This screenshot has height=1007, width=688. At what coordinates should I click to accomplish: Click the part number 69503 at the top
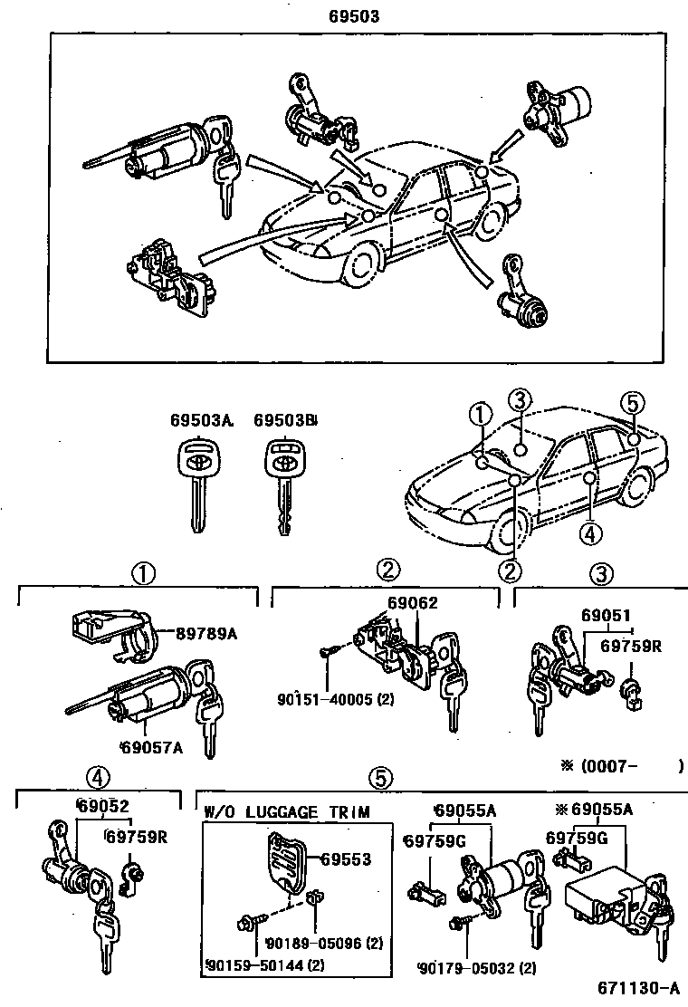(x=354, y=15)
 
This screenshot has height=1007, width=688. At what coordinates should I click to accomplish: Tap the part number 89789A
(x=205, y=634)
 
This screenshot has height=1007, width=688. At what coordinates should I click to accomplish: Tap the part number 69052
(x=103, y=804)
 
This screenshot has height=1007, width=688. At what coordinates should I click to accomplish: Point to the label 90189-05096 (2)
(x=316, y=943)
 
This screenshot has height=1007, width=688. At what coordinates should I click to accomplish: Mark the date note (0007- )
(x=622, y=765)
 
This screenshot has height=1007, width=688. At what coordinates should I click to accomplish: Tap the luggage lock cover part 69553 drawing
(x=284, y=860)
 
